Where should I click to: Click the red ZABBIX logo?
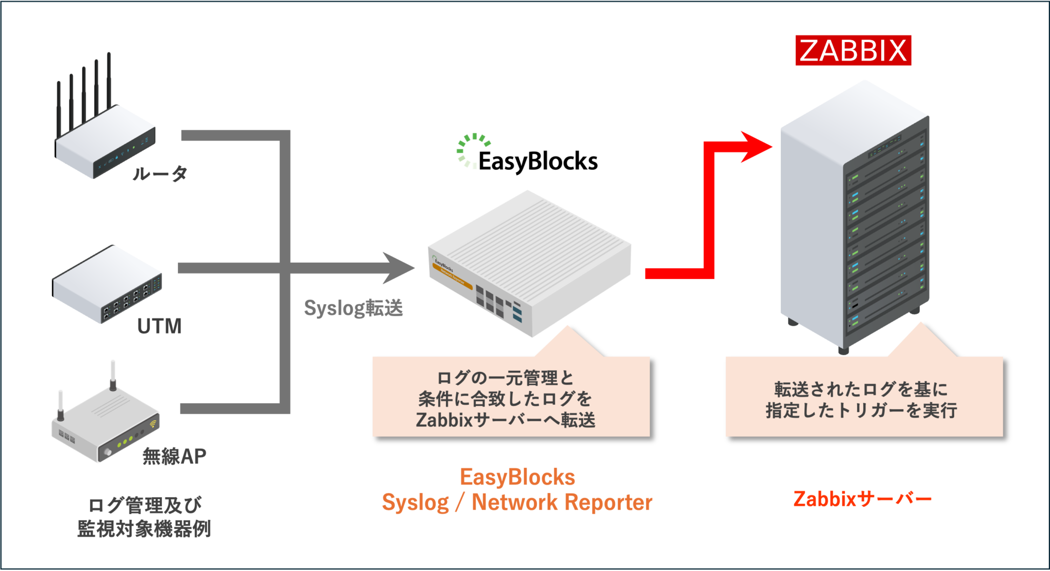point(853,50)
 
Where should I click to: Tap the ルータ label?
point(160,173)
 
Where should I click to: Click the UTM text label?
point(159,326)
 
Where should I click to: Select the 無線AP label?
point(174,456)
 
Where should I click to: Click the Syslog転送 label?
point(353,308)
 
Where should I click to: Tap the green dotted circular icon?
point(473,150)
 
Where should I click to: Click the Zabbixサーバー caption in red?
point(862,499)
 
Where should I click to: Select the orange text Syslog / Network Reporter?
point(517,502)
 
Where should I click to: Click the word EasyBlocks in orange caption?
point(517,477)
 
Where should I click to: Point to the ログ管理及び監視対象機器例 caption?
point(144,517)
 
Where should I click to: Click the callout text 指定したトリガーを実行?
point(861,410)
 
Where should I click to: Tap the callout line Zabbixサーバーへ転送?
point(506,420)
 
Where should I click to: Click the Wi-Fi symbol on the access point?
point(153,424)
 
